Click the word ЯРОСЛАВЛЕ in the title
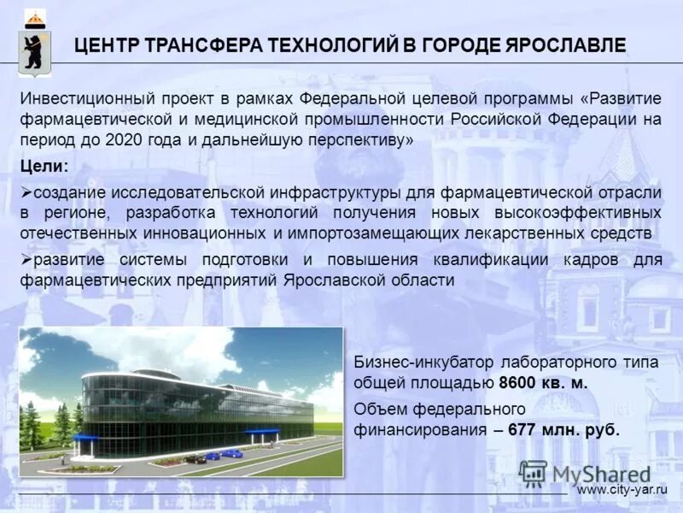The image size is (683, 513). (x=564, y=46)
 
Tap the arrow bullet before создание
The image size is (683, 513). (x=26, y=189)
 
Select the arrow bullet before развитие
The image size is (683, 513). (x=26, y=259)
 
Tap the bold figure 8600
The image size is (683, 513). (x=518, y=383)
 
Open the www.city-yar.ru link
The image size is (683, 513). (x=621, y=489)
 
